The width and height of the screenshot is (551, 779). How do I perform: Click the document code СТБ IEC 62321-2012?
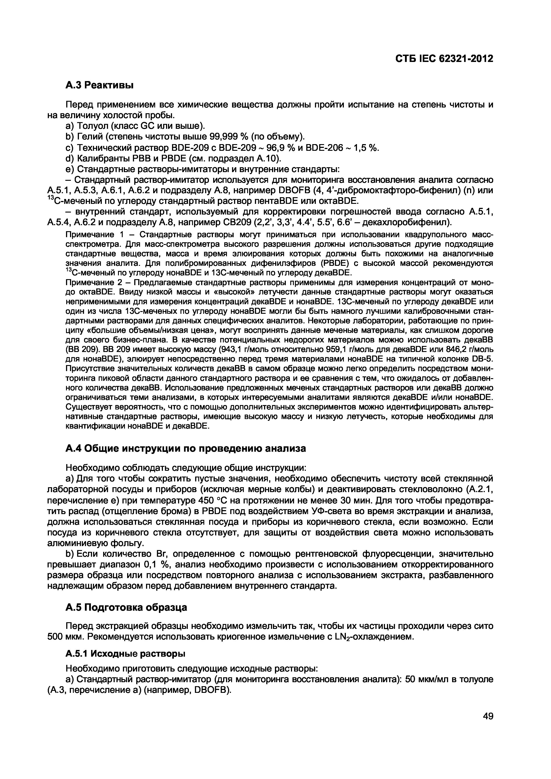[444, 59]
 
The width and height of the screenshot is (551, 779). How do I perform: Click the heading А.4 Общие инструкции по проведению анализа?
[185, 449]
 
